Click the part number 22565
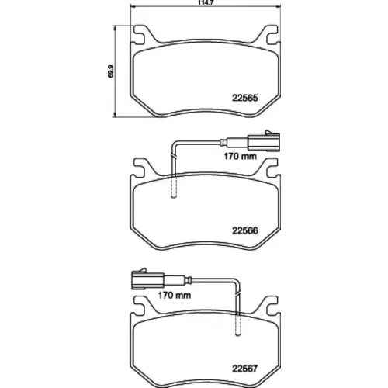pos(244,98)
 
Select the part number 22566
pos(244,230)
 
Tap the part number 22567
pos(244,369)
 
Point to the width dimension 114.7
pos(203,2)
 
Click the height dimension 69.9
pos(111,71)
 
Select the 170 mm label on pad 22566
pos(240,156)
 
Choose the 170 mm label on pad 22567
pos(175,295)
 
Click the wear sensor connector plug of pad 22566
pos(264,142)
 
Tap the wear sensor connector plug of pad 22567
pos(147,280)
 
